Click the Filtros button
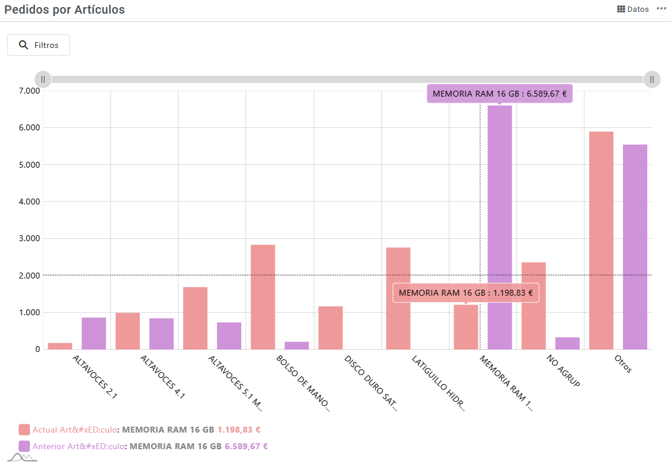click(x=39, y=45)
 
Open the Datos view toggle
click(x=633, y=9)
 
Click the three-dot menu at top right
click(x=662, y=9)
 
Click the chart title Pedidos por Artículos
click(x=65, y=9)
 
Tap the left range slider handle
click(x=43, y=79)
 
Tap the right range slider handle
click(x=652, y=79)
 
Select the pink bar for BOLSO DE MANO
click(x=263, y=297)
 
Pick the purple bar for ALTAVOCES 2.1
click(x=94, y=333)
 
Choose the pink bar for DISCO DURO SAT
click(x=330, y=328)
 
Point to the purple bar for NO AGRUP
click(x=567, y=343)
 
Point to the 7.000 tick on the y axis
click(x=28, y=91)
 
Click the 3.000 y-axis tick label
click(x=28, y=238)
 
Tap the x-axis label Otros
click(x=622, y=363)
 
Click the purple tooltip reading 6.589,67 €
click(x=500, y=94)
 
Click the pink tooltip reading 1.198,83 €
click(x=465, y=293)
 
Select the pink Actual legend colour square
click(x=24, y=430)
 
